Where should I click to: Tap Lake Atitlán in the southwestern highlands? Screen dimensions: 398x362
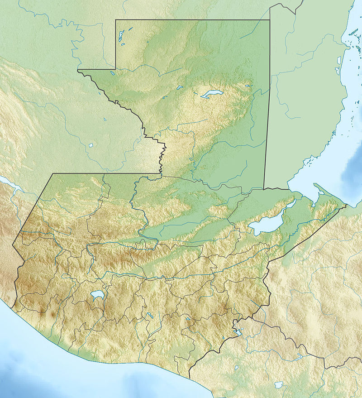97,295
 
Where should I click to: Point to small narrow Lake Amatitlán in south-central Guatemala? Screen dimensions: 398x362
149,315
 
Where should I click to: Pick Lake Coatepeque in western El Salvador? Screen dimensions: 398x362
237,368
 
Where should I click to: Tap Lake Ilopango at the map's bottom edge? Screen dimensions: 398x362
279,385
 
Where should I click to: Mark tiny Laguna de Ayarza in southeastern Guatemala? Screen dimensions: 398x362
188,319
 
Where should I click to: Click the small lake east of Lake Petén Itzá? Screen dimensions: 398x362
248,85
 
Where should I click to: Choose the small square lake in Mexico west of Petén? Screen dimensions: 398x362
90,145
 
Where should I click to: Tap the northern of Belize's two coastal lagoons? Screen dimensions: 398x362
339,60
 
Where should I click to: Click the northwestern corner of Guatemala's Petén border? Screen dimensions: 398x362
116,20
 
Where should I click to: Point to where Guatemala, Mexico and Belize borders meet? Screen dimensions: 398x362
270,20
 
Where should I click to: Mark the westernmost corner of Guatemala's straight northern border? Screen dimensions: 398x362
53,173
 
